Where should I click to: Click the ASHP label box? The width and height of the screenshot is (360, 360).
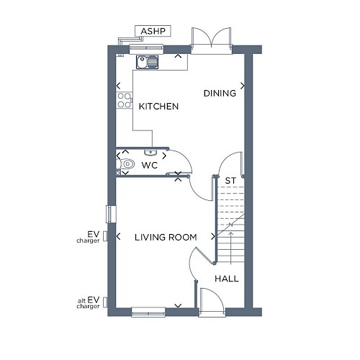pyautogui.click(x=153, y=31)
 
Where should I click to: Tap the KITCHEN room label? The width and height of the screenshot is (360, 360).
pyautogui.click(x=158, y=107)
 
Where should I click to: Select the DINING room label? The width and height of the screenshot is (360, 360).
pyautogui.click(x=220, y=93)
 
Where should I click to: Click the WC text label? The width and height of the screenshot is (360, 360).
pyautogui.click(x=150, y=165)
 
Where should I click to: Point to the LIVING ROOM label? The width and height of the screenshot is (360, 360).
pyautogui.click(x=166, y=238)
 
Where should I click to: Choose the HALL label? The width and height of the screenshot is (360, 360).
pyautogui.click(x=227, y=279)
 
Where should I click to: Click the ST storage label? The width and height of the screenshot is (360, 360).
pyautogui.click(x=230, y=181)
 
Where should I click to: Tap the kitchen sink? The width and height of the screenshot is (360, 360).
pyautogui.click(x=148, y=62)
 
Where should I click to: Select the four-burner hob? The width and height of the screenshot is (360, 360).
pyautogui.click(x=124, y=100)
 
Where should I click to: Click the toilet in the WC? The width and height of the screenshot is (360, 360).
pyautogui.click(x=125, y=164)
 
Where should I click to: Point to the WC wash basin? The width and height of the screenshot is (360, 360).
pyautogui.click(x=150, y=152)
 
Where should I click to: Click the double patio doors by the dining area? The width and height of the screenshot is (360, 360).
pyautogui.click(x=212, y=41)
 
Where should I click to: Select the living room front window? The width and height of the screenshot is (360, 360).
pyautogui.click(x=148, y=312)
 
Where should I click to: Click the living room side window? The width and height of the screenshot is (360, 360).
pyautogui.click(x=111, y=214)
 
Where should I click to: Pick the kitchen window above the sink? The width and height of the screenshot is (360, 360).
pyautogui.click(x=146, y=49)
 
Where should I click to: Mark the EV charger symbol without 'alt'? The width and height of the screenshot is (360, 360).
pyautogui.click(x=105, y=236)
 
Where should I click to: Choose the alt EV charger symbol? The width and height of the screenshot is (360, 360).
pyautogui.click(x=105, y=302)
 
